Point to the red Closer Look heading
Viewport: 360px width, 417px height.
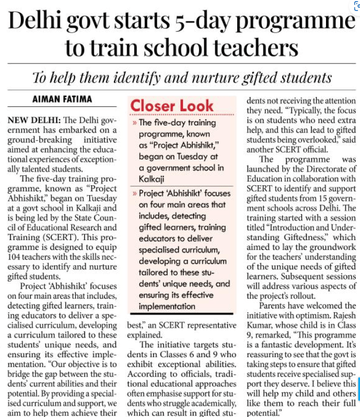(x=165, y=105)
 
